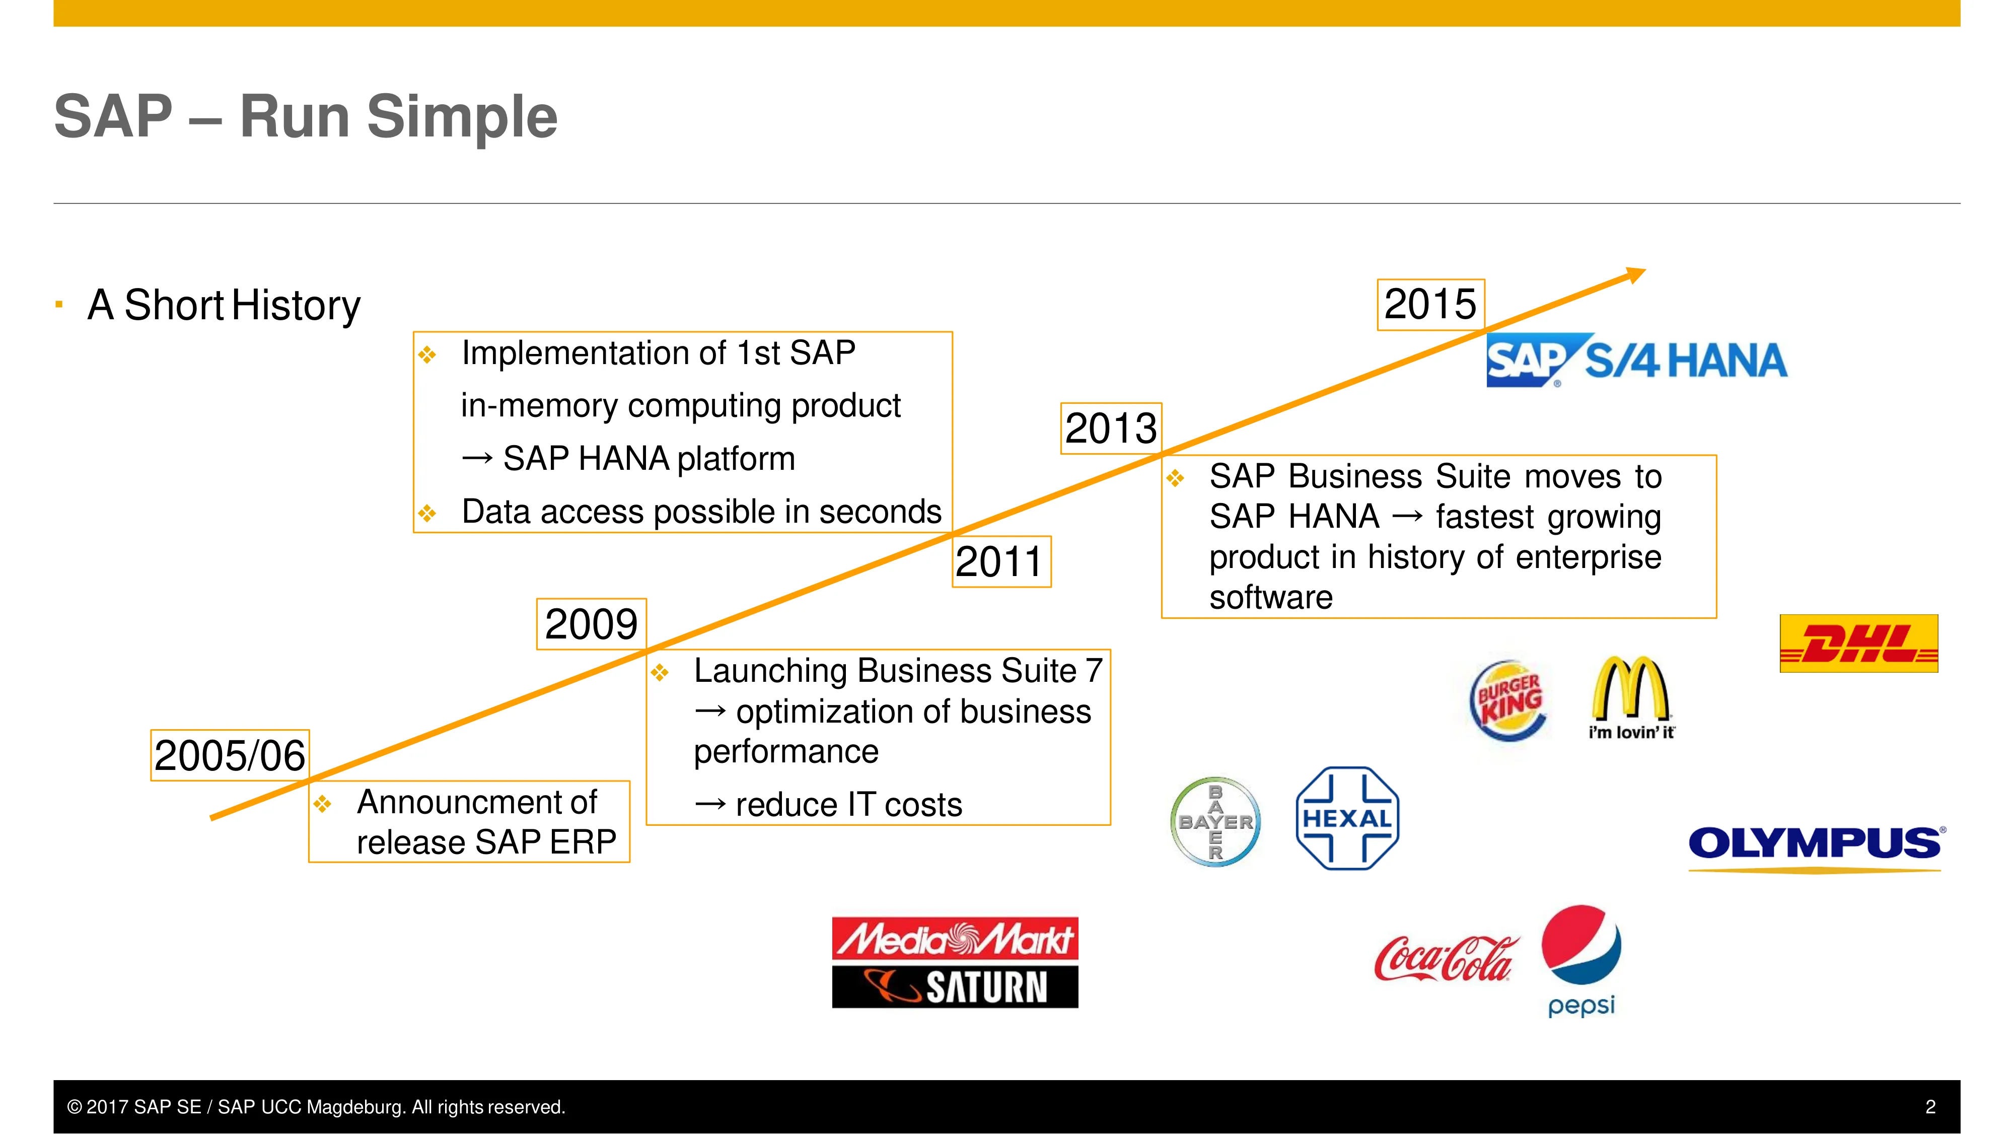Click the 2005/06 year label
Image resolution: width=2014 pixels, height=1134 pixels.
(230, 755)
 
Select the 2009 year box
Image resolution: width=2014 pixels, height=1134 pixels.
(591, 624)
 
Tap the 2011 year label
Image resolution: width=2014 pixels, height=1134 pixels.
(1001, 561)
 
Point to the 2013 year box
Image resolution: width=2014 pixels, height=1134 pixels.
(1111, 429)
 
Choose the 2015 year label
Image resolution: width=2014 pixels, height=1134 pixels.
(1431, 304)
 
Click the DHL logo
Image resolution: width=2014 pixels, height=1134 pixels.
(1858, 644)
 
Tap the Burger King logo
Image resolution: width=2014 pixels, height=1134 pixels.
(1509, 700)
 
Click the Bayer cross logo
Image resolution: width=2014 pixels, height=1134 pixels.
(1216, 822)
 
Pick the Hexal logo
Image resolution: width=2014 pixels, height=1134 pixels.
(1347, 819)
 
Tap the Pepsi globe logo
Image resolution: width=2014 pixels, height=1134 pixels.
(1581, 945)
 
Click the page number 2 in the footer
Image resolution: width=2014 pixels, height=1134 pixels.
(1930, 1107)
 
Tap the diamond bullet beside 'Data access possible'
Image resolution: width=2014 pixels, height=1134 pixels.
(427, 514)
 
